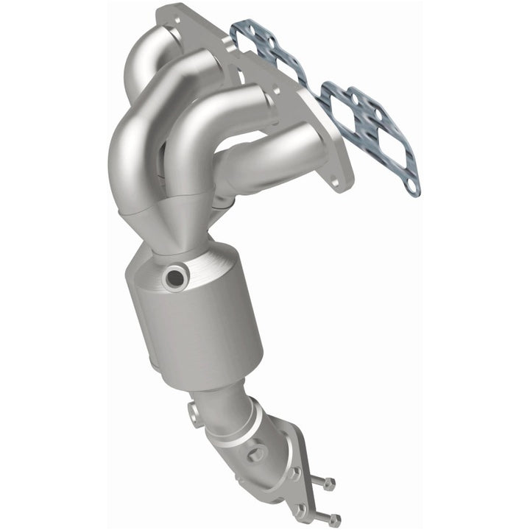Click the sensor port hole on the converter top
click(x=175, y=277)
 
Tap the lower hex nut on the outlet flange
click(x=301, y=509)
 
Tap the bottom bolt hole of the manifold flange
click(x=334, y=179)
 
